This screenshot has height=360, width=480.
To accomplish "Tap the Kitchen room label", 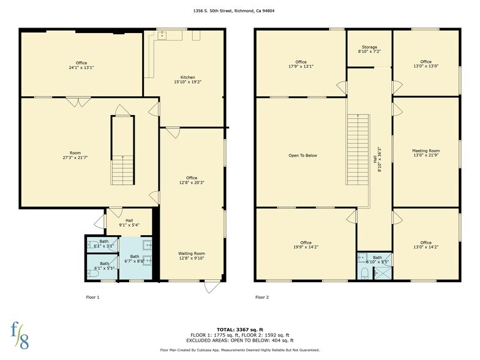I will coord(183,79).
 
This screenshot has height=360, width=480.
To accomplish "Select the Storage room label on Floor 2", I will coord(369,50).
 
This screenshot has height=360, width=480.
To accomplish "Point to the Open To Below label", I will coord(302,156).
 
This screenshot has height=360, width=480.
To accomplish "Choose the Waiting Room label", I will coord(191,256).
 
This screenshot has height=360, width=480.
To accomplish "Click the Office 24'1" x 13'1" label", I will coord(81,65).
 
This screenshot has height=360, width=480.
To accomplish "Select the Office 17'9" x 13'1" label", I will coord(301,64).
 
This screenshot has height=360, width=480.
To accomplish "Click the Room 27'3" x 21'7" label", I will coord(75,156).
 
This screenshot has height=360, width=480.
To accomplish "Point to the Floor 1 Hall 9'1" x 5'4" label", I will coord(129,223).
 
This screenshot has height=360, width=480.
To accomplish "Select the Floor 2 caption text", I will coord(261,298).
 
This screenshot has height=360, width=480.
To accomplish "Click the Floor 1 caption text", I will coord(92,298).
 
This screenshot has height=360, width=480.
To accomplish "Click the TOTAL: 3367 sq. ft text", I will coord(239,330).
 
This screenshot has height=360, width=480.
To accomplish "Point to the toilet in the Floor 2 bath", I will coord(364,272).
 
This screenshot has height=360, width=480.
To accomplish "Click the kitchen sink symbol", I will coord(162,36).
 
